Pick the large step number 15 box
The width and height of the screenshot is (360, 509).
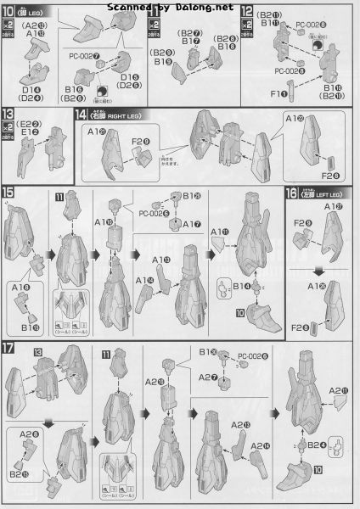[9, 193]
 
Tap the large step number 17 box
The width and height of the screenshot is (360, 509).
[9, 347]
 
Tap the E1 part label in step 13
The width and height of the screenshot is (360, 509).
[30, 131]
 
